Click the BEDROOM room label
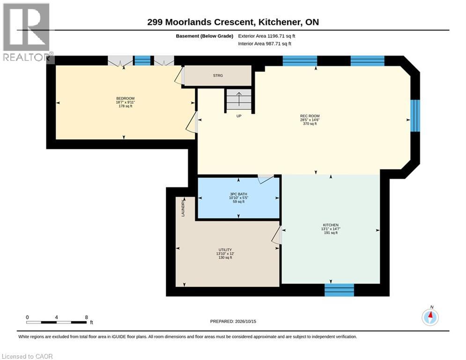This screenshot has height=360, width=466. coord(125,98)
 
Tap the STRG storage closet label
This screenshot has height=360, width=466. coord(218,75)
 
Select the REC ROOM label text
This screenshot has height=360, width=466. coord(310,116)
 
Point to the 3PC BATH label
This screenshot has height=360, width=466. coord(239,194)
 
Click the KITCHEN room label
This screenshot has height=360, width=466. coord(331,225)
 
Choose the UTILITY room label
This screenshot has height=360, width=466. coord(225,250)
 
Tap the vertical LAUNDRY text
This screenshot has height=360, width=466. coord(183,208)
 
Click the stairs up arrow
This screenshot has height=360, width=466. coord(239,99)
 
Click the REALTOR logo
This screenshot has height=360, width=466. coord(26,32)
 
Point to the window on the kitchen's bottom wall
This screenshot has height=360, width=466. coord(339,290)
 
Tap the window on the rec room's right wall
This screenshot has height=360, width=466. coord(415,116)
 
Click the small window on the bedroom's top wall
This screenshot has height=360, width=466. coord(143,60)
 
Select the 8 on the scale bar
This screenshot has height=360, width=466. coord(87,317)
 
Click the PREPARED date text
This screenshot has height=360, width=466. coord(233,321)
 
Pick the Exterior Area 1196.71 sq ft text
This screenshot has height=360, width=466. coord(266,36)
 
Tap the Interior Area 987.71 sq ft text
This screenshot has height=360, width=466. coord(265,44)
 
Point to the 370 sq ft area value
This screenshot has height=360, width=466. coord(310,124)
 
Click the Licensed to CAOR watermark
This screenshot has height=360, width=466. coord(27,356)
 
